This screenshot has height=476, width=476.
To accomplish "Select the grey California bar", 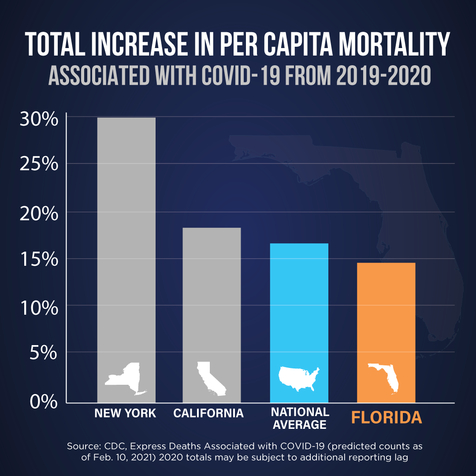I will pos(212,300).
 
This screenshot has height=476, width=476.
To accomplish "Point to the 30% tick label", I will pos(39,119).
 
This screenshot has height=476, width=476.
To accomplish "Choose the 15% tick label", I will pos(39,260).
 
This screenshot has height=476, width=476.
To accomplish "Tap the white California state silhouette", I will pos(211,379).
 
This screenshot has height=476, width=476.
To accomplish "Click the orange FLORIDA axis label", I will pos(387,417).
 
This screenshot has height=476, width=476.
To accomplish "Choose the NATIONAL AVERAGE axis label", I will pos(300,419).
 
